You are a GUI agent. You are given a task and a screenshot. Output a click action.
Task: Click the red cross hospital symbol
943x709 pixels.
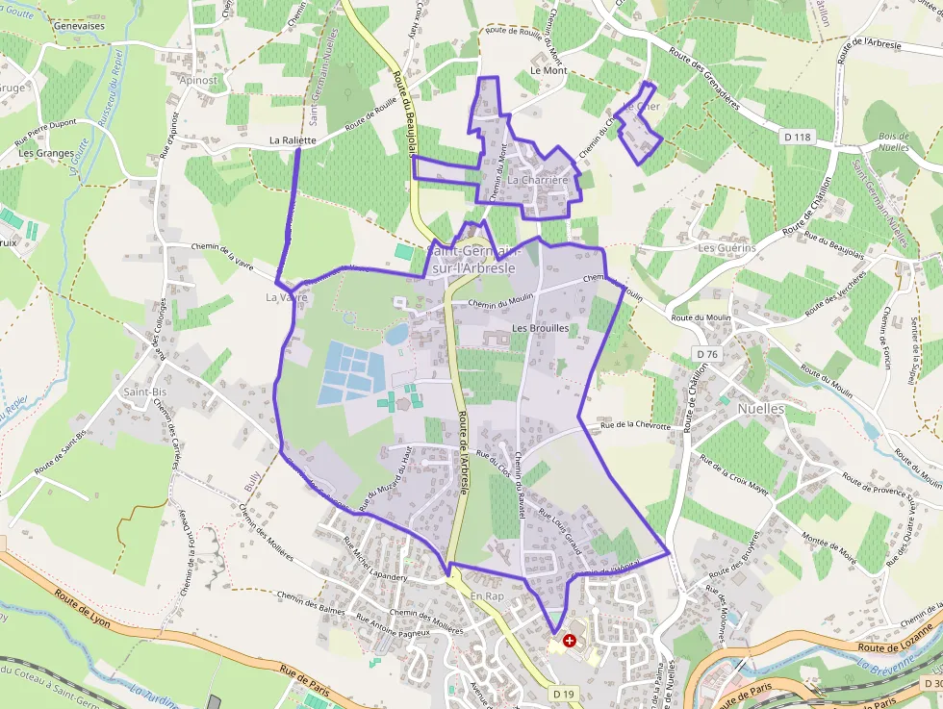tap(570, 640)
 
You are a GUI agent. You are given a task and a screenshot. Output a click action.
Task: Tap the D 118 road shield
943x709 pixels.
tap(798, 138)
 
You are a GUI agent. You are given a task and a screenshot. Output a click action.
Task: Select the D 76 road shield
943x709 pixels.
tap(707, 354)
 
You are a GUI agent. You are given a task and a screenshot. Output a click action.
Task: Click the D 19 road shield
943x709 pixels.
tap(564, 693)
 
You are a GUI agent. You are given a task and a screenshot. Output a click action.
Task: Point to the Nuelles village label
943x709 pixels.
tap(761, 409)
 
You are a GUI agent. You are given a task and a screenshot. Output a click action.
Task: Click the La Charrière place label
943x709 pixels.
tap(538, 180)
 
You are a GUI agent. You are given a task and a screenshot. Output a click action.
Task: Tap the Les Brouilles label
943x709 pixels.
tap(540, 328)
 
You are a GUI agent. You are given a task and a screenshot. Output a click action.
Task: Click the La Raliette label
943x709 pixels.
tap(293, 140)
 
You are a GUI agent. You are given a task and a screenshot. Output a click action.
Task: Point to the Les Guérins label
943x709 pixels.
tap(726, 247)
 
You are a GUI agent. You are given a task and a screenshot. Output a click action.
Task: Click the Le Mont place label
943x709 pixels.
tap(548, 71)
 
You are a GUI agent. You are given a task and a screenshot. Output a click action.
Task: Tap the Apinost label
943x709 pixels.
tap(198, 81)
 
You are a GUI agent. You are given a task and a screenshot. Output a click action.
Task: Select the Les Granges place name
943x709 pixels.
tap(46, 153)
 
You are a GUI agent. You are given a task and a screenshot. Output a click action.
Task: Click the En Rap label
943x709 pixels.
tap(487, 596)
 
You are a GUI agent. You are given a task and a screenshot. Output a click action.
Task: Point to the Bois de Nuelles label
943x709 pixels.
tap(893, 141)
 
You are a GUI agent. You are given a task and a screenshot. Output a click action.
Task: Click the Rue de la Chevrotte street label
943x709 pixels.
tap(634, 424)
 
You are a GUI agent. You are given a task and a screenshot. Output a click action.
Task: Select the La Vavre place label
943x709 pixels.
tap(287, 298)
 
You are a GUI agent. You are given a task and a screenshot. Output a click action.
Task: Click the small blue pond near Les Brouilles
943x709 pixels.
tap(395, 334)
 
